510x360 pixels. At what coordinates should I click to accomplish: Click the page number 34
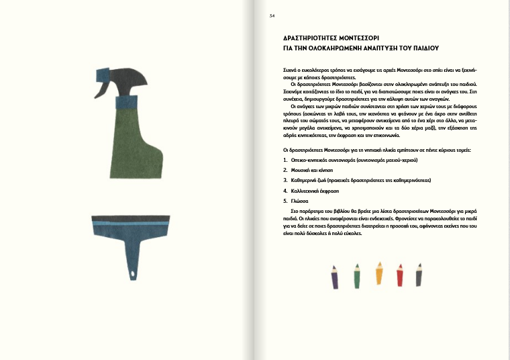click(x=272, y=16)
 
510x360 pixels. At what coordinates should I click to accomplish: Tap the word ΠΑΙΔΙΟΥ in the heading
click(x=421, y=48)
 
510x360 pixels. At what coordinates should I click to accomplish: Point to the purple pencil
click(x=334, y=277)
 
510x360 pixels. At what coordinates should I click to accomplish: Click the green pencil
click(x=357, y=275)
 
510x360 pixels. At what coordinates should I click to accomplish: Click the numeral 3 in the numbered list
click(x=285, y=181)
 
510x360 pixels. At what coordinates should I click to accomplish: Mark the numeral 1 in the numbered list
click(x=285, y=161)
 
